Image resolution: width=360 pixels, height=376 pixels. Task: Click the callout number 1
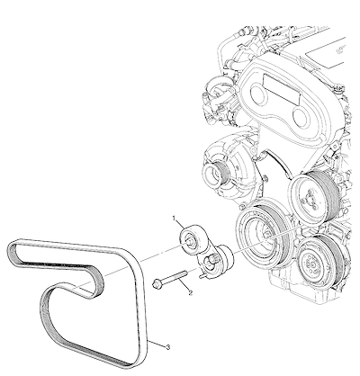click(x=174, y=219)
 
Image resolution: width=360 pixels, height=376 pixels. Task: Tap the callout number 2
click(x=190, y=292)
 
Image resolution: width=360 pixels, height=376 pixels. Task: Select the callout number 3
click(x=168, y=347)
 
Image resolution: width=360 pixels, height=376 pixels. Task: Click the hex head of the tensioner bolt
click(x=157, y=283)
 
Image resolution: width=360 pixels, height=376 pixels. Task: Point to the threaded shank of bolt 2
click(x=175, y=277)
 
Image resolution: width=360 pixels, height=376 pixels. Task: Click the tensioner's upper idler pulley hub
click(x=190, y=241)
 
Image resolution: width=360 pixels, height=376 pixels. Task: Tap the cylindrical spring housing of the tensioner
click(x=224, y=255)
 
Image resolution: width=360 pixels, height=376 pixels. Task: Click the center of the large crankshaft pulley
click(x=266, y=235)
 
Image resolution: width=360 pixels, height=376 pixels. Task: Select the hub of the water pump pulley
click(x=309, y=201)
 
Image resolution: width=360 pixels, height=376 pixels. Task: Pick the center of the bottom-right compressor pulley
click(x=313, y=264)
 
